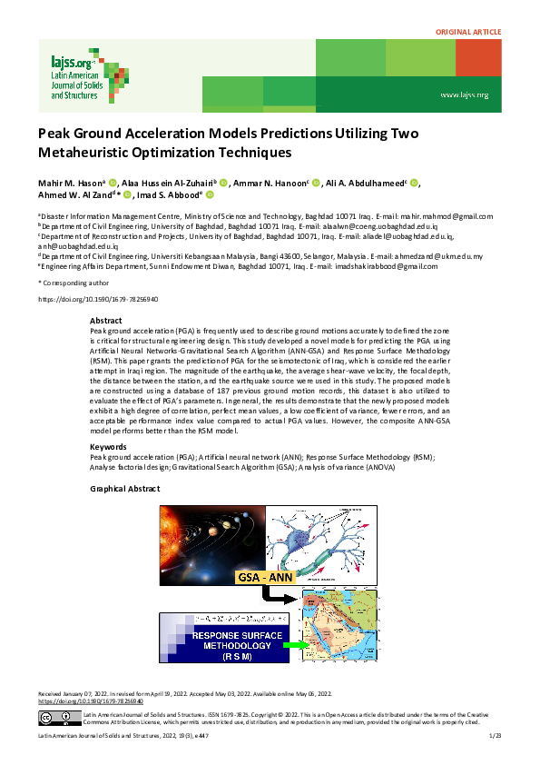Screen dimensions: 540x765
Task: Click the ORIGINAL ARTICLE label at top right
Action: point(468,32)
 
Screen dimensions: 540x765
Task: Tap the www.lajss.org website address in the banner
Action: point(465,94)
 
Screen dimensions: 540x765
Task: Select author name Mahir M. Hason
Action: point(70,182)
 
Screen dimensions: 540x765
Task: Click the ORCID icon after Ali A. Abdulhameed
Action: point(414,182)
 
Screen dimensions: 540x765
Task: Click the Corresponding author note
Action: point(70,283)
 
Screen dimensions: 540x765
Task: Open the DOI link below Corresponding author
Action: point(97,299)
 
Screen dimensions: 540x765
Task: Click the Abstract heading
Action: point(106,321)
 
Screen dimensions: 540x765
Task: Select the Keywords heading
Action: point(109,447)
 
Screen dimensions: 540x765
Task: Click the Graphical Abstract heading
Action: point(124,489)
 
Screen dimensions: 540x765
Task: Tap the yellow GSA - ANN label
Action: point(270,577)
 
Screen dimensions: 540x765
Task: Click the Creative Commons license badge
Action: point(55,718)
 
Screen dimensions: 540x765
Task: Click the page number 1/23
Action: point(495,734)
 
